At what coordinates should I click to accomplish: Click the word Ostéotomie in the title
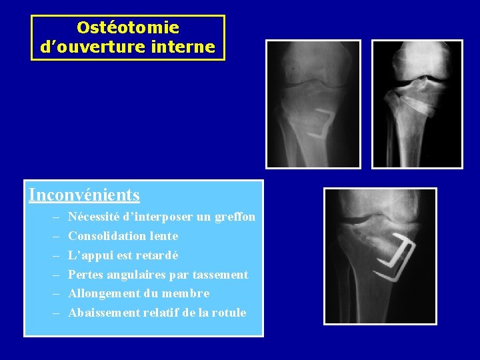pos(128,28)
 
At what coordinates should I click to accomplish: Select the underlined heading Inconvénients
pos(84,195)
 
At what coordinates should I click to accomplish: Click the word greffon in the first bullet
pos(235,217)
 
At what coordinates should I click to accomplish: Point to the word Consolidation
pos(104,236)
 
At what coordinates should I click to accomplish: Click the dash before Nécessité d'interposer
pos(53,217)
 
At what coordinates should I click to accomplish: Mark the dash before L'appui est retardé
pos(53,255)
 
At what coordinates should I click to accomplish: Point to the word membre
pos(189,293)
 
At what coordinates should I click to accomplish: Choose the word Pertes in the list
pos(85,275)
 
